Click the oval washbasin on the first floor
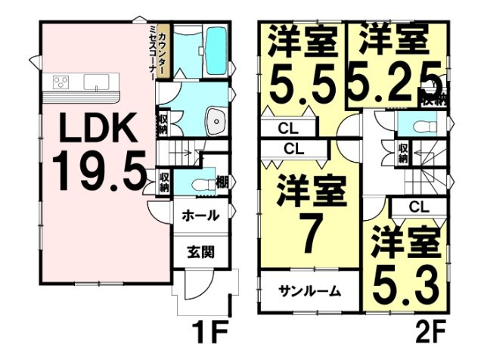click(x=216, y=119)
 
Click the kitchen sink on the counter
click(x=95, y=82)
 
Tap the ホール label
click(x=200, y=216)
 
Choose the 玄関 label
click(x=200, y=250)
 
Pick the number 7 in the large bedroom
click(x=306, y=237)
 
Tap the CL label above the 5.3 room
click(x=419, y=206)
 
